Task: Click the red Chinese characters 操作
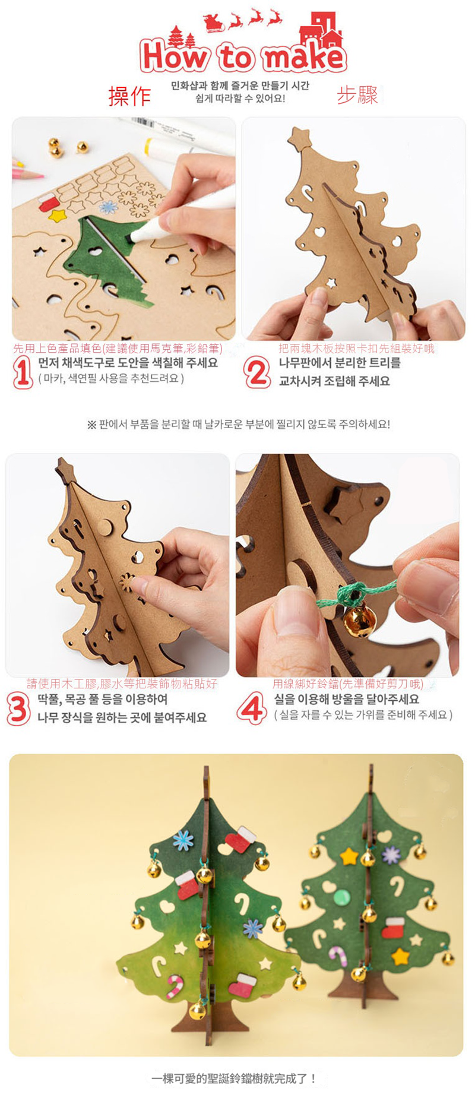129,96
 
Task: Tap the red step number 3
18,709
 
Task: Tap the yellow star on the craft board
57,215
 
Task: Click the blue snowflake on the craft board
108,207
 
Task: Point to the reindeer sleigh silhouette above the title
242,19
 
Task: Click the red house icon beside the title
323,29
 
